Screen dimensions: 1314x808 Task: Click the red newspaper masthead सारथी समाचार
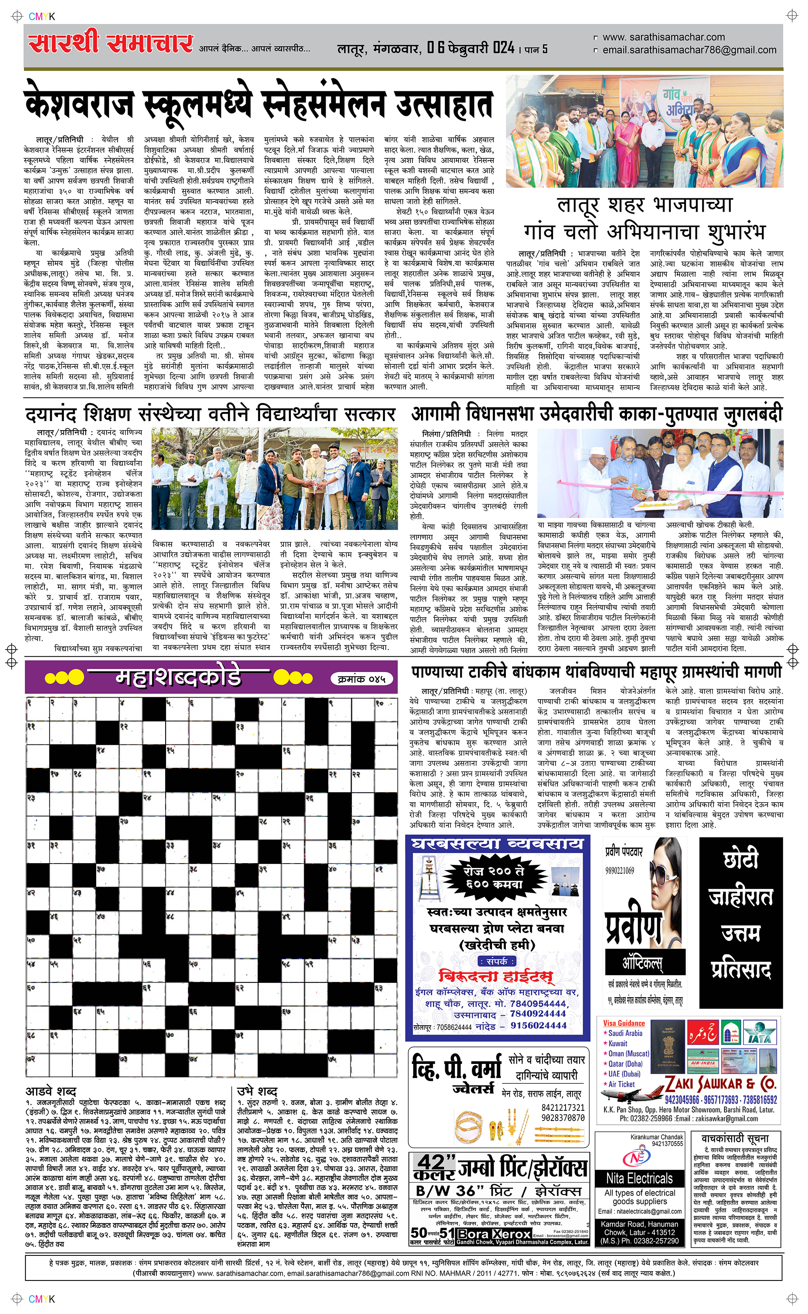point(111,43)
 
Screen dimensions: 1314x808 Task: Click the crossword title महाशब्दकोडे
point(178,677)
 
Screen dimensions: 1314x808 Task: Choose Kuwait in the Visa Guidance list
point(618,1043)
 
